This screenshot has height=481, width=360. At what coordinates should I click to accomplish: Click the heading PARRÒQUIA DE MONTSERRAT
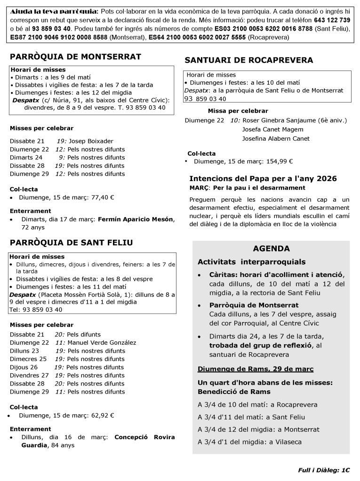(75, 57)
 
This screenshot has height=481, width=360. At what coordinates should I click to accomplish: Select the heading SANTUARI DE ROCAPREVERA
(249, 60)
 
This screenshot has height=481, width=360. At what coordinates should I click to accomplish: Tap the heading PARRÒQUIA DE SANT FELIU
(72, 243)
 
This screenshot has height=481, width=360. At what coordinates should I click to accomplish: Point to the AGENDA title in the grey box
(271, 249)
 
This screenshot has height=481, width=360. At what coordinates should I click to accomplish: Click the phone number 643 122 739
(331, 20)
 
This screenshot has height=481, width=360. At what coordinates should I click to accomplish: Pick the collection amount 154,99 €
(279, 161)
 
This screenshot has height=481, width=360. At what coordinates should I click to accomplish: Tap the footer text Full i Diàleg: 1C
(324, 469)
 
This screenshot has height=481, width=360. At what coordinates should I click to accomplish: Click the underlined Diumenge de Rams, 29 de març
(256, 369)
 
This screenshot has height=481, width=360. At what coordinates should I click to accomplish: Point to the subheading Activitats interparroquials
(251, 262)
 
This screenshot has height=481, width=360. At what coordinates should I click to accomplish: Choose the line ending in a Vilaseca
(249, 442)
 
